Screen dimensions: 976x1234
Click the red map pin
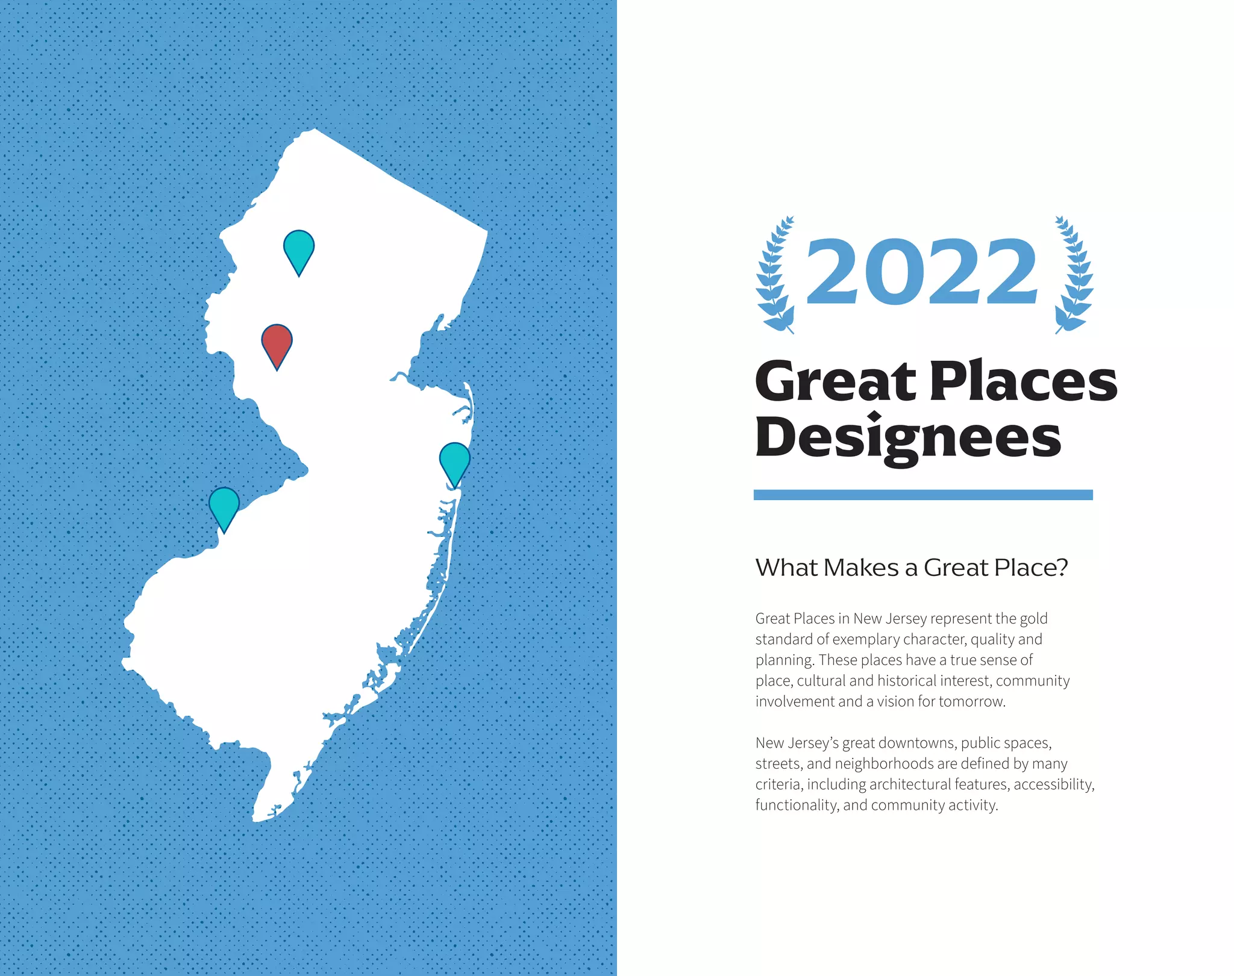(277, 343)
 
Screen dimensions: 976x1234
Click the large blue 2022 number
(922, 272)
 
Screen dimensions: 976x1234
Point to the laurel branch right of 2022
(1074, 274)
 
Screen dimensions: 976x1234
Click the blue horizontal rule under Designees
(922, 495)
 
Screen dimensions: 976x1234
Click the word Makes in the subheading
(862, 568)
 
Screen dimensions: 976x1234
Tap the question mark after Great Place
(1062, 568)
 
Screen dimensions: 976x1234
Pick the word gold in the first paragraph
(1033, 619)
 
